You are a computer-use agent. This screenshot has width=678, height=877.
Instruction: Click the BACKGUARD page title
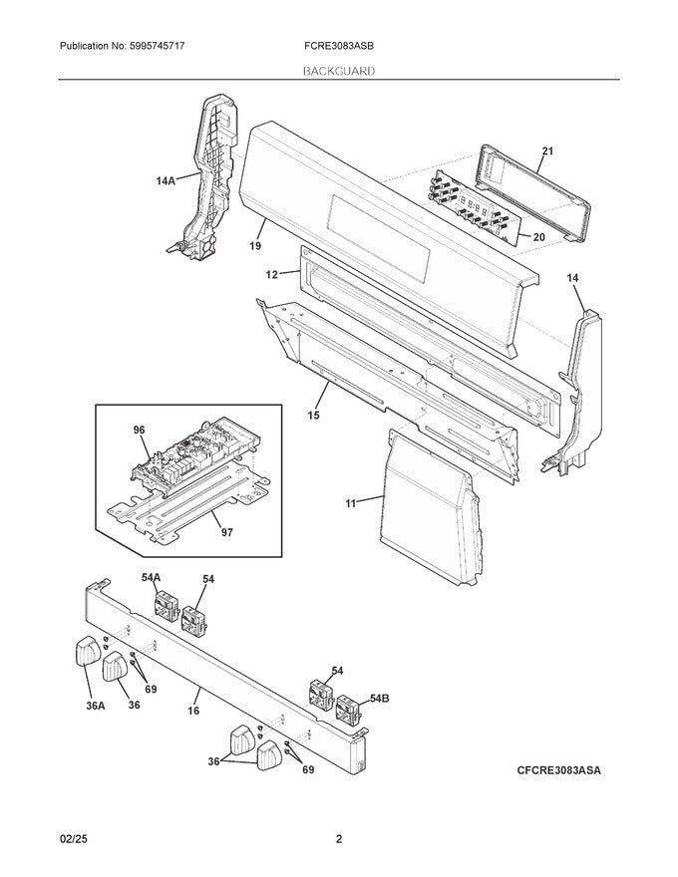[339, 71]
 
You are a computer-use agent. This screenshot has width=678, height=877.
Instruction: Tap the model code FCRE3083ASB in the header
[336, 46]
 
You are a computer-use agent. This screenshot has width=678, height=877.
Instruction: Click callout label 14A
[166, 180]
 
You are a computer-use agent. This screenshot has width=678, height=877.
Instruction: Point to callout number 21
[547, 151]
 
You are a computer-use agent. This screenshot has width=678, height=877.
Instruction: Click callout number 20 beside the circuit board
[538, 237]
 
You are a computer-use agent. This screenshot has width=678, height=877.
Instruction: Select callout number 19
[255, 245]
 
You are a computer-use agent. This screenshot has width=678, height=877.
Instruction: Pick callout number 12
[272, 275]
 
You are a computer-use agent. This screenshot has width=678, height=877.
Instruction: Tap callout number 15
[313, 415]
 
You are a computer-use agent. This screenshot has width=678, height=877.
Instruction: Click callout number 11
[351, 503]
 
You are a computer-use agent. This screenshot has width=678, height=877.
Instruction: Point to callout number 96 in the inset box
[139, 430]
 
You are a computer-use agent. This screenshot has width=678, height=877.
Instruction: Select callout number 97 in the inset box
[226, 532]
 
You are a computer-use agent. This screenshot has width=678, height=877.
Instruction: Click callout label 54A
[151, 578]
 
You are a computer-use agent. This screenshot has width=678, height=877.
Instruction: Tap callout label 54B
[379, 699]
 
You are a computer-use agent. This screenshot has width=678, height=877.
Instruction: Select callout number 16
[193, 711]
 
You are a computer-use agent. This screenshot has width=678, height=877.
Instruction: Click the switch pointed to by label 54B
[347, 708]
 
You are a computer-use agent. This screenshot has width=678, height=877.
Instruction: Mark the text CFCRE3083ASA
[558, 770]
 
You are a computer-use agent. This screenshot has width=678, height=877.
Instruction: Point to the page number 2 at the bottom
[339, 839]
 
